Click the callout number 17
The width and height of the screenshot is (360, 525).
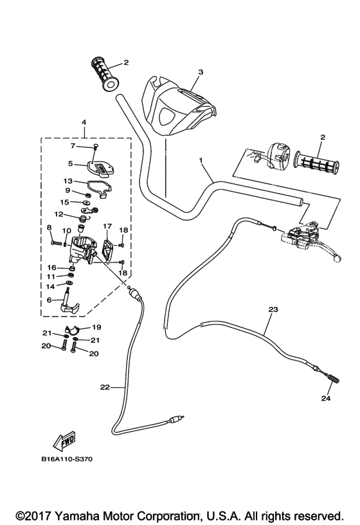coord(107,226)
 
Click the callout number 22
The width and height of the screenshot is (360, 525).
coord(105,387)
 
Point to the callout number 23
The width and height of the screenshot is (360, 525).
coord(272,309)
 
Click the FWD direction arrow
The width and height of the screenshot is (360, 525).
coord(65,442)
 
